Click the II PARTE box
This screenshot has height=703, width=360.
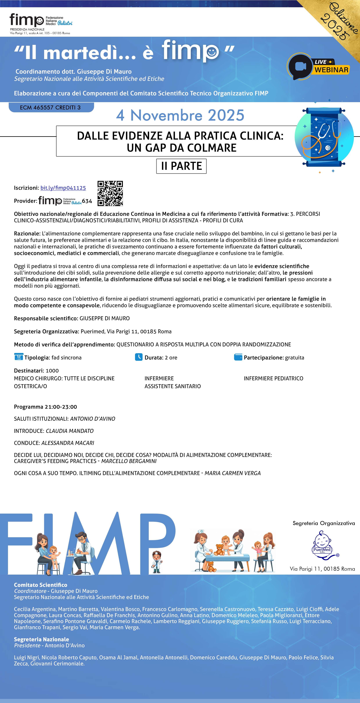[181, 166]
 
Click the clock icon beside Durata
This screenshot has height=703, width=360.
[139, 357]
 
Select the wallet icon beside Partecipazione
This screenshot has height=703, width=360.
[238, 357]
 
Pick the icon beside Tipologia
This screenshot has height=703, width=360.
[19, 357]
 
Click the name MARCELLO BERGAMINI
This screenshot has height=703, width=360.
[129, 461]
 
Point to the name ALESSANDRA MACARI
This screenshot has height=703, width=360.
[68, 443]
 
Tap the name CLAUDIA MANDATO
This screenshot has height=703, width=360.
[70, 431]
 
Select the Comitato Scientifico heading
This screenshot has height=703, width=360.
[40, 585]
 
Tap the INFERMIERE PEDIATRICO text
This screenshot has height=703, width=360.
[273, 378]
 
